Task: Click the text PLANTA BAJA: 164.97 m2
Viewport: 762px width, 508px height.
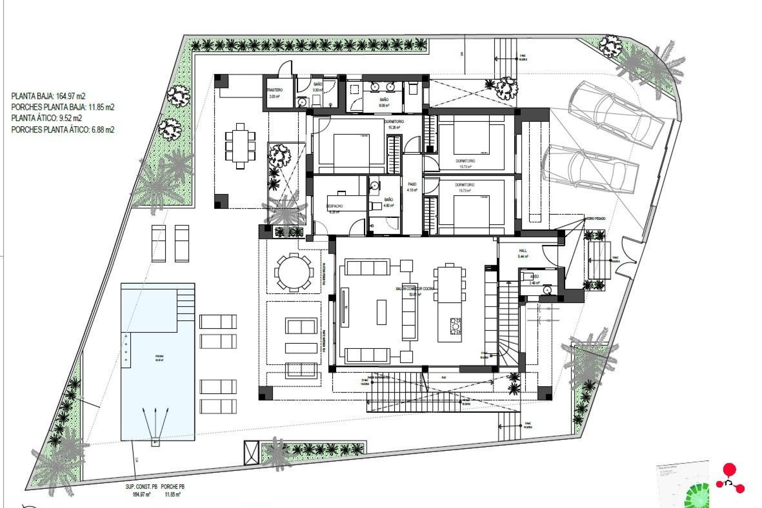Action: coord(48,96)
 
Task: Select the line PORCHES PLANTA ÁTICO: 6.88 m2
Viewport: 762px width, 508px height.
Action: coord(63,129)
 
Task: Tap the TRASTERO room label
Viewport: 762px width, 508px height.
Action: coord(275,90)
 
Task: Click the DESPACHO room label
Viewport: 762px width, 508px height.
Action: coord(335,206)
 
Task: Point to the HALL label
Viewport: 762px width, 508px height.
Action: coord(523,250)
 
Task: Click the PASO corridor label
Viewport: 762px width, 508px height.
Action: coord(412,184)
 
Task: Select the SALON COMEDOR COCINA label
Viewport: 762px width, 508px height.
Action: coord(415,289)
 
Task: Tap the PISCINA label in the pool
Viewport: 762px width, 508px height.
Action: coord(159,356)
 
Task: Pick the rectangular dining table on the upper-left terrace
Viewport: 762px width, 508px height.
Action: coord(240,146)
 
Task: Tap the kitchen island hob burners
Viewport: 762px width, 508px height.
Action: coord(455,326)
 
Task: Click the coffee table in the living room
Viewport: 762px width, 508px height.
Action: coord(381,312)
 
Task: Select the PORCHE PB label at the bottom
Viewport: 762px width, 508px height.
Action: coord(173,487)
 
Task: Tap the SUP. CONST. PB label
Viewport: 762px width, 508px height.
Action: coord(139,487)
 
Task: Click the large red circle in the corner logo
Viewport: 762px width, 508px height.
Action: coord(729,470)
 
